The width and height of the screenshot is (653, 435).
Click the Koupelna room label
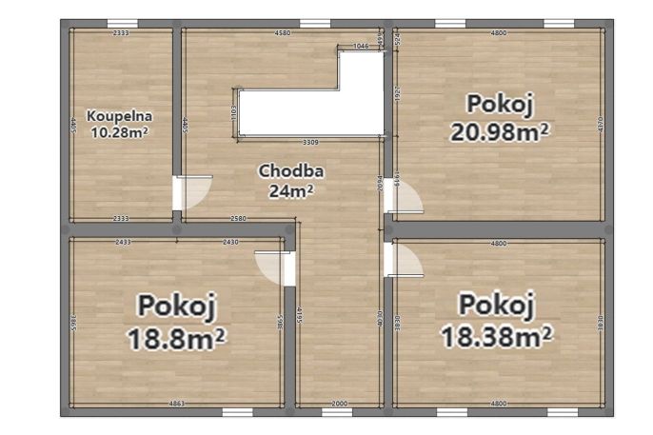pyautogui.click(x=119, y=116)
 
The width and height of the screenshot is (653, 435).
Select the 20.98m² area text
pyautogui.click(x=499, y=131)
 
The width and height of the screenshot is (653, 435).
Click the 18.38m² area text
pyautogui.click(x=497, y=335)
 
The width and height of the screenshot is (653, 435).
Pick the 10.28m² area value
pyautogui.click(x=119, y=132)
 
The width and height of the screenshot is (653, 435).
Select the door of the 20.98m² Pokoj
pyautogui.click(x=406, y=199)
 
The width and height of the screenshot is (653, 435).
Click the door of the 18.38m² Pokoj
pyautogui.click(x=406, y=260)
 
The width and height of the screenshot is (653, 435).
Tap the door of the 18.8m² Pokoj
pyautogui.click(x=271, y=267)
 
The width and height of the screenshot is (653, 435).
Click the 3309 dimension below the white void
pyautogui.click(x=310, y=142)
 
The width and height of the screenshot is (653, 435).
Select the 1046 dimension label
pyautogui.click(x=361, y=46)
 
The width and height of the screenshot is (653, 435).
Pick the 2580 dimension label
pyautogui.click(x=239, y=219)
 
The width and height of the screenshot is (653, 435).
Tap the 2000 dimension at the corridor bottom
pyautogui.click(x=338, y=405)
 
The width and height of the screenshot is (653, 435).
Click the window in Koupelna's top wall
pyautogui.click(x=121, y=23)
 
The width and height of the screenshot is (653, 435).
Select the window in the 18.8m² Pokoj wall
pyautogui.click(x=237, y=412)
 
